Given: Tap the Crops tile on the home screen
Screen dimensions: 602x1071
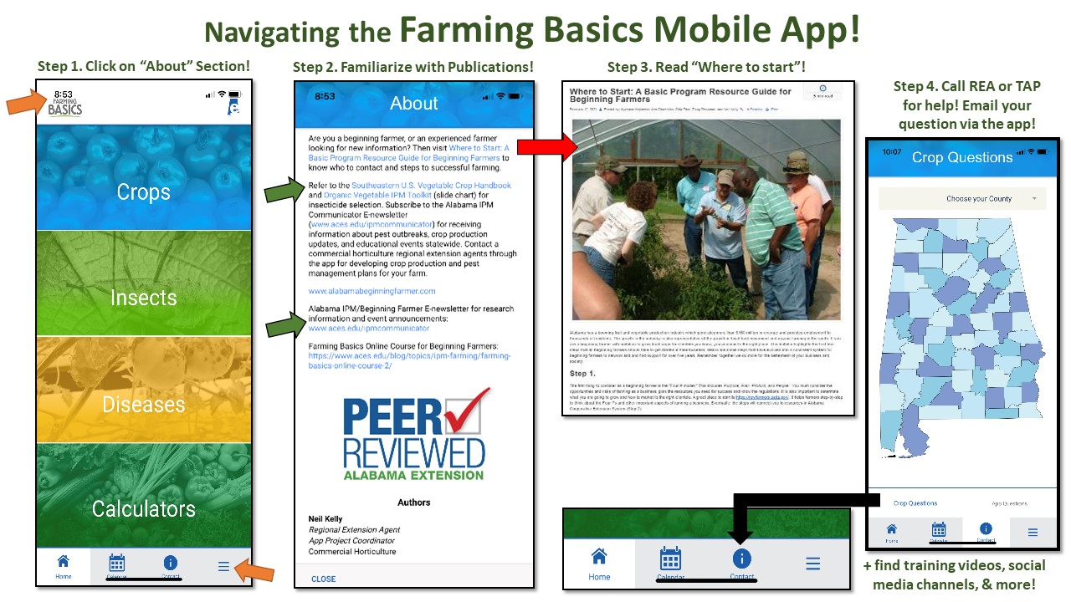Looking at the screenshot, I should pos(143,191).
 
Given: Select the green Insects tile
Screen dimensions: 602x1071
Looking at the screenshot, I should pos(143,298).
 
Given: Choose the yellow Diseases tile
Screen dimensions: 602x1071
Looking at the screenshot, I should pos(143,405).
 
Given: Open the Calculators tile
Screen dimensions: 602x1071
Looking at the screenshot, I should pos(143,508).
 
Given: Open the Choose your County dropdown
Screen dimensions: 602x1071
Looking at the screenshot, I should pos(962,199).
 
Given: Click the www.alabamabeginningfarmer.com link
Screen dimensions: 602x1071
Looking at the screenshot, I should pos(372,291).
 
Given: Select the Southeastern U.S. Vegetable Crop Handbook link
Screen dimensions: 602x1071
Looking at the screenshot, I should pos(431,185).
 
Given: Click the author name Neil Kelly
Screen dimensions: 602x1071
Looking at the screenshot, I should pos(325,519).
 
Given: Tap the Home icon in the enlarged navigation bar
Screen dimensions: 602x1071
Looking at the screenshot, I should pos(599,563).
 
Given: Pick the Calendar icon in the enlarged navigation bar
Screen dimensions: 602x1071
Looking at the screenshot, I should pos(670,563).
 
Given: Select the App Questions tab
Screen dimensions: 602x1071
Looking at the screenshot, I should pos(1009,503).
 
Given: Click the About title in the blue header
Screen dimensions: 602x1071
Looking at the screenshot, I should pos(413,103).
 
